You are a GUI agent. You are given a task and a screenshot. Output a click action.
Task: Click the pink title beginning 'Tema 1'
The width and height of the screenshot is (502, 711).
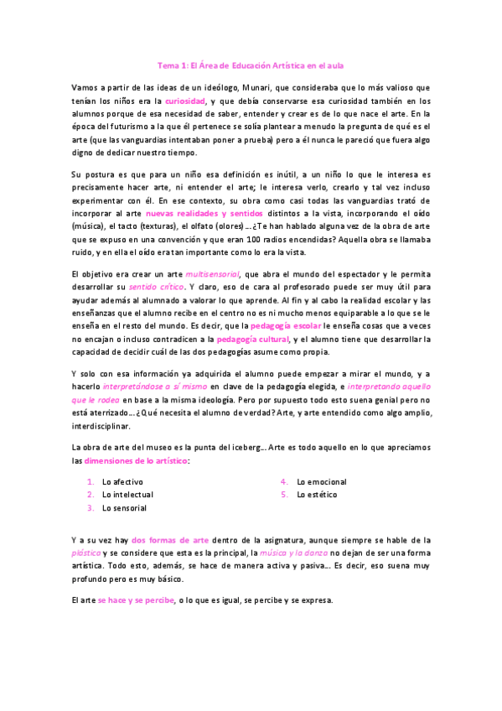[251, 64]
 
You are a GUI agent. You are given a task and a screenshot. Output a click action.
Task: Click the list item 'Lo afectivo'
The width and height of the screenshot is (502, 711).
[122, 482]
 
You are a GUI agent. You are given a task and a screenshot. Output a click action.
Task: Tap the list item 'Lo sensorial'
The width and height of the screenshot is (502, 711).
[124, 507]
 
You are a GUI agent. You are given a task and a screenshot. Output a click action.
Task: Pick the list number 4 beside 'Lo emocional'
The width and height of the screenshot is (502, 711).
[285, 482]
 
